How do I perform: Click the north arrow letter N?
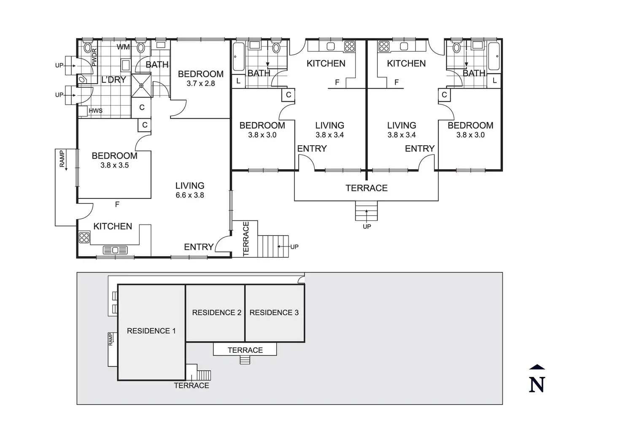[x=537, y=385]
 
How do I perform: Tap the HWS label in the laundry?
[x=96, y=111]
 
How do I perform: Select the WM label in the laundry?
[x=123, y=47]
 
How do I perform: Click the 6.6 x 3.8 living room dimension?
[x=190, y=195]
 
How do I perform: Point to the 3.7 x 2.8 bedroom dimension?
[x=201, y=83]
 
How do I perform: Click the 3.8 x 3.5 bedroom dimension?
[x=114, y=165]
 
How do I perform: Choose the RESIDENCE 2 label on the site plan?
[x=217, y=312]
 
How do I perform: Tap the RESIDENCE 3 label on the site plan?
[x=274, y=312]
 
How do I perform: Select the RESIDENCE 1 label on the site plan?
[x=151, y=331]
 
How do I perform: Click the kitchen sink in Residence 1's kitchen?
[x=115, y=250]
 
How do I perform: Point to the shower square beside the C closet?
[x=141, y=86]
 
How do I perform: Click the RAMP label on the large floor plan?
[x=62, y=159]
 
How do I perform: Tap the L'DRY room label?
[x=113, y=80]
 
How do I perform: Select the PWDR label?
[x=94, y=57]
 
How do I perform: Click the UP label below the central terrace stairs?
[x=367, y=227]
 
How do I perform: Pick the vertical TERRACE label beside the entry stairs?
[x=246, y=239]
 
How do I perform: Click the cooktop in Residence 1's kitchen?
[x=84, y=237]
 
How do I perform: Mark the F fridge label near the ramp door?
[x=117, y=204]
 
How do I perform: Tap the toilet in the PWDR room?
[x=88, y=47]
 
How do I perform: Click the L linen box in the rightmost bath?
[x=494, y=81]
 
